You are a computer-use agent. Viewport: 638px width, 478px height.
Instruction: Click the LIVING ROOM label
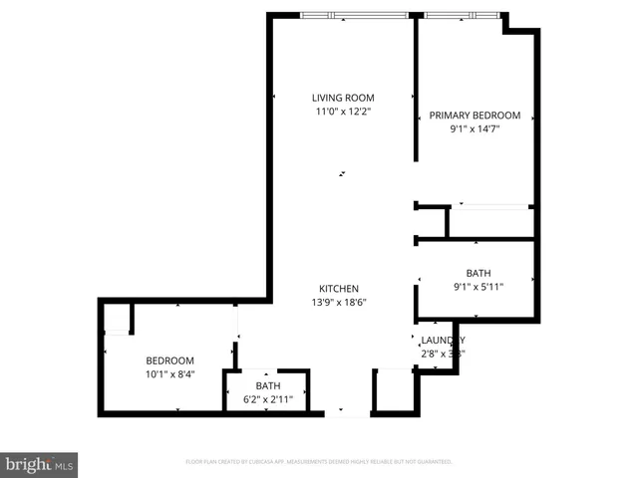tap(342, 98)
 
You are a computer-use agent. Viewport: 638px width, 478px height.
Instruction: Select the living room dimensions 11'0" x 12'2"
tap(342, 112)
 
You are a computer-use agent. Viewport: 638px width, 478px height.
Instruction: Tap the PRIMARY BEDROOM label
tap(475, 116)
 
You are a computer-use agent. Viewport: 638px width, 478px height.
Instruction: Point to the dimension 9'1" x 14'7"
tap(475, 128)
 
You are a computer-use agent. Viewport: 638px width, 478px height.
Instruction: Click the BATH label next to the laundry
tap(478, 274)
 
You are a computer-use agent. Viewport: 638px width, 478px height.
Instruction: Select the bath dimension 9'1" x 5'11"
tap(478, 288)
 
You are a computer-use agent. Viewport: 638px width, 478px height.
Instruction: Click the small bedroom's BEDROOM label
tap(170, 360)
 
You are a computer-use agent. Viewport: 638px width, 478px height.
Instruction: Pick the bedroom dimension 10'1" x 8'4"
tap(170, 374)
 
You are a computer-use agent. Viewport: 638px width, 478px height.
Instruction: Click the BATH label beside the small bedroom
tap(268, 386)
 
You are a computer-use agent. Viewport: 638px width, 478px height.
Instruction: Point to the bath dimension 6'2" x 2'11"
tap(268, 400)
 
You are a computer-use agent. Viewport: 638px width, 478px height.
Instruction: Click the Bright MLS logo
tap(39, 464)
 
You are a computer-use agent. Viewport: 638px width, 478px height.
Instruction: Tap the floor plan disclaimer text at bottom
tap(319, 462)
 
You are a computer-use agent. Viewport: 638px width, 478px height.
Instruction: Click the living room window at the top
tap(355, 15)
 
